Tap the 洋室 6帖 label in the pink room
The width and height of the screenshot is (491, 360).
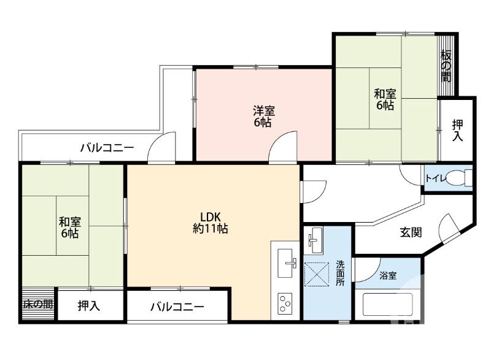click(x=263, y=116)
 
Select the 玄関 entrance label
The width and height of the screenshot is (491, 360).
click(x=411, y=232)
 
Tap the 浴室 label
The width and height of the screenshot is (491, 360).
click(x=387, y=276)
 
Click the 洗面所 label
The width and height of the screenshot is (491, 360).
click(x=341, y=273)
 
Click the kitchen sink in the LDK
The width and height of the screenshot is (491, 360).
click(x=287, y=263)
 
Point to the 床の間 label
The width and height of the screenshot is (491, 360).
click(x=38, y=304)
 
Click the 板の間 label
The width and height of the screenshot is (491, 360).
click(x=446, y=66)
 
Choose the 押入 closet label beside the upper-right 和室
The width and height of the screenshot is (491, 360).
click(x=457, y=131)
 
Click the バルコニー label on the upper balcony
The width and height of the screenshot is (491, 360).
click(x=107, y=148)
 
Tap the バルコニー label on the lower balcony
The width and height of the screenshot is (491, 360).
click(x=177, y=307)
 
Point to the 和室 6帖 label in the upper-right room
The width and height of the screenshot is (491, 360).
click(x=385, y=100)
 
